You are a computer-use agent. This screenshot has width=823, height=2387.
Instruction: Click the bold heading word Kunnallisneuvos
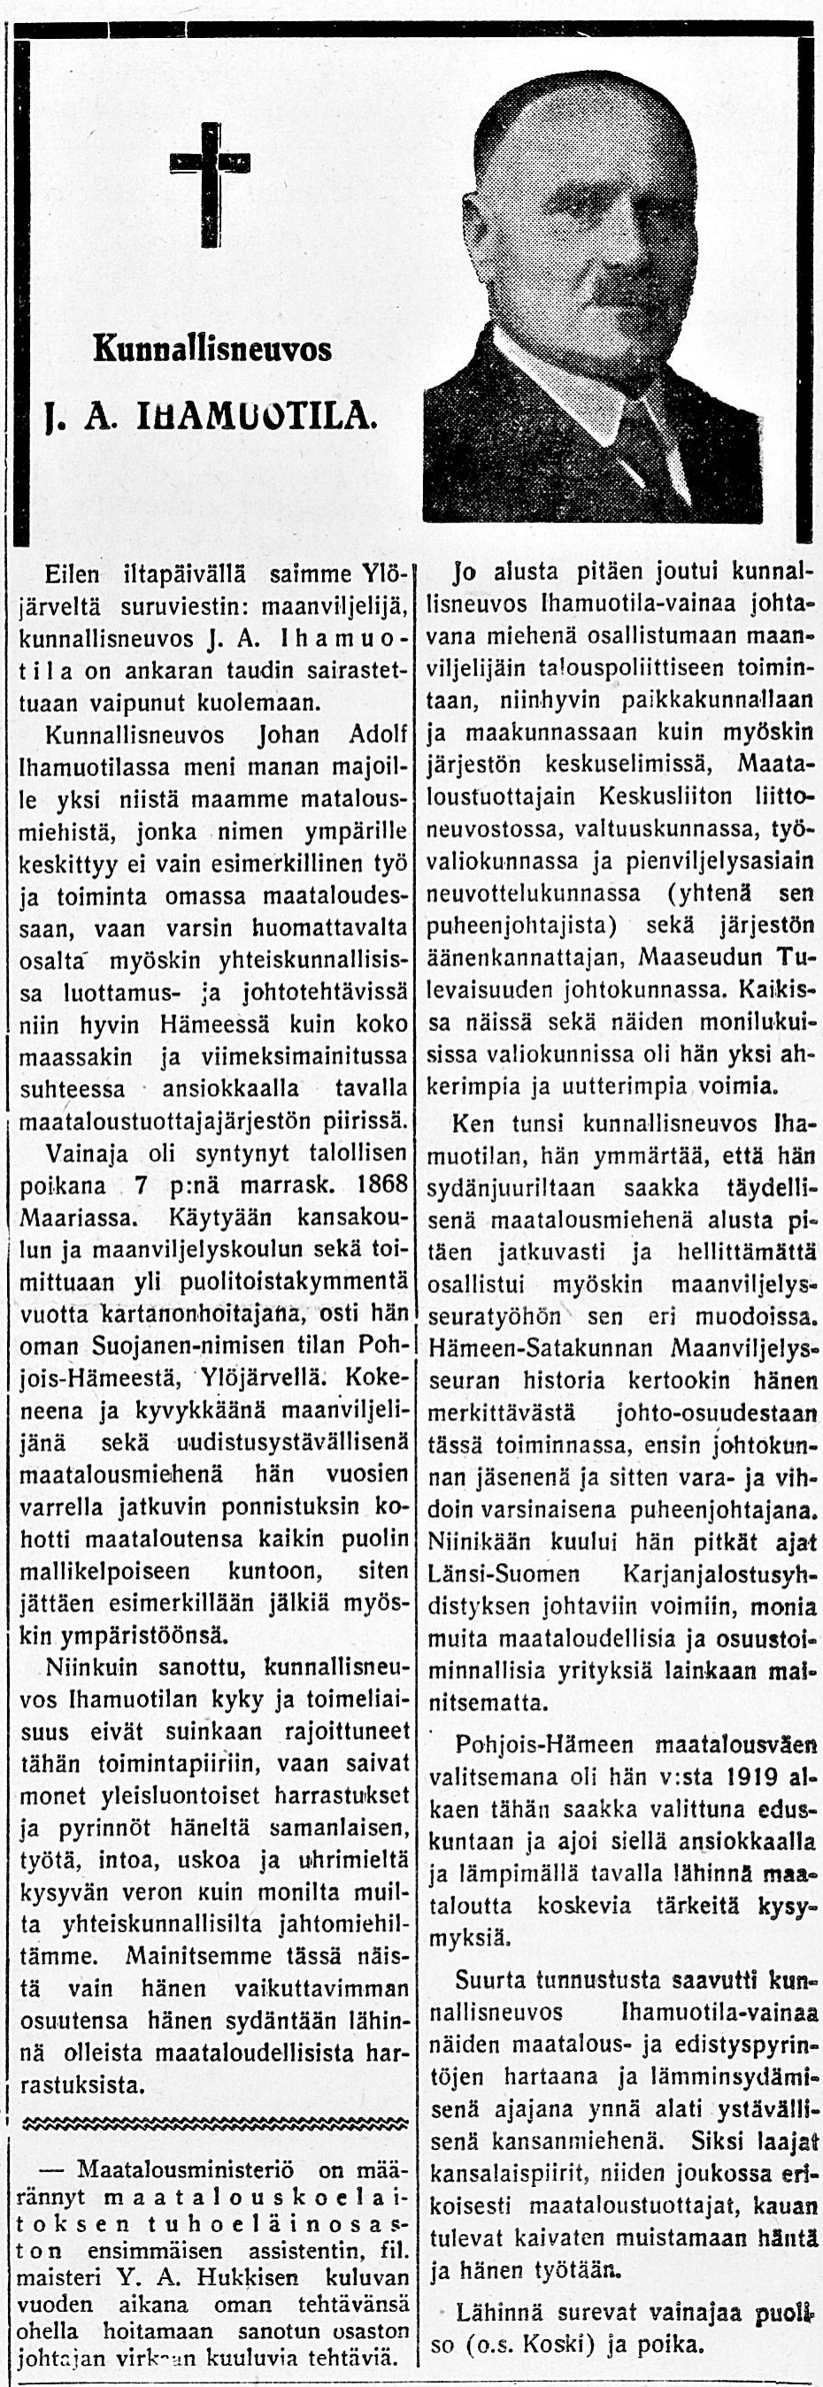coord(212,350)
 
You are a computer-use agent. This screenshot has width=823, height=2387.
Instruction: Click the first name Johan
coord(288,735)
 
